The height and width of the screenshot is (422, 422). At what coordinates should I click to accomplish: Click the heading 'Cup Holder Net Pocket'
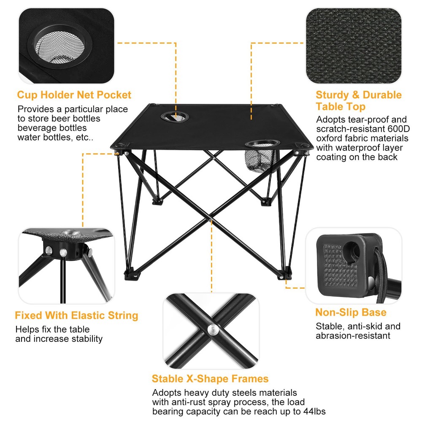tap(74, 95)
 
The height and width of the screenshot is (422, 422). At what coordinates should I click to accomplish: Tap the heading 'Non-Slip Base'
tap(351, 313)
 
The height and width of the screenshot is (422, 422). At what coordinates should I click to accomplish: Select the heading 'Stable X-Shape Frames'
tap(210, 379)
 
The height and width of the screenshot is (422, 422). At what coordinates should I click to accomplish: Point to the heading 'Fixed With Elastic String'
tap(76, 316)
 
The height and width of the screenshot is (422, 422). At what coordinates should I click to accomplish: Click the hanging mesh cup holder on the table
tap(258, 158)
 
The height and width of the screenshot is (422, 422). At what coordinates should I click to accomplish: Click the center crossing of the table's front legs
tap(211, 219)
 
